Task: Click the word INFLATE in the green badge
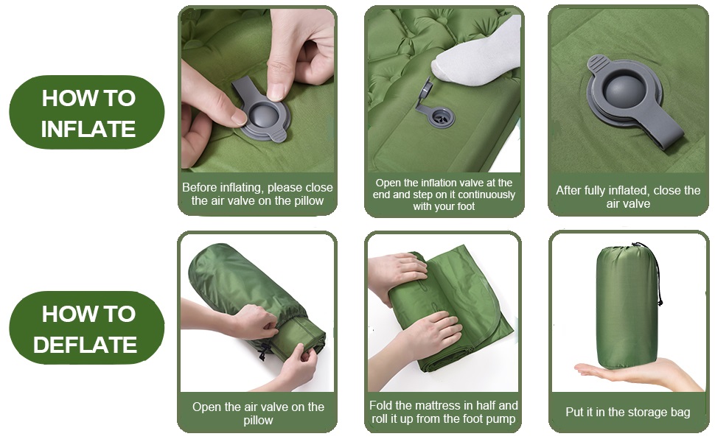88,129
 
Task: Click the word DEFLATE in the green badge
86,345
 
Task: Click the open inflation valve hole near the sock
442,119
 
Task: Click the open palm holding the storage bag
638,373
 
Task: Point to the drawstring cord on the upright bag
656,273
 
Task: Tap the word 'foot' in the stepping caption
465,206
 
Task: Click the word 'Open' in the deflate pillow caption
205,407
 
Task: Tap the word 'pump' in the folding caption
502,419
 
